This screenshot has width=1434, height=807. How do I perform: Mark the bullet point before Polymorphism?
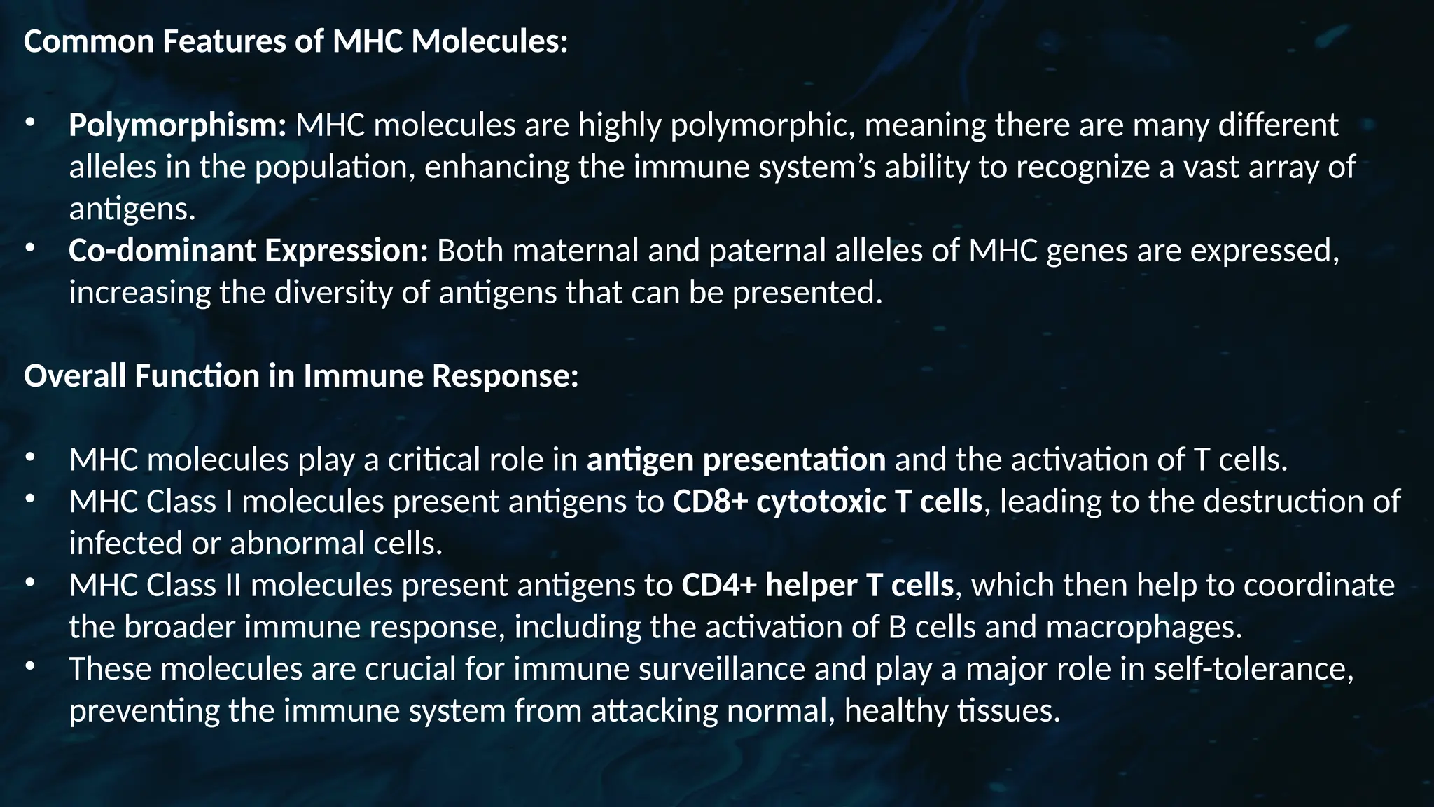29,123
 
